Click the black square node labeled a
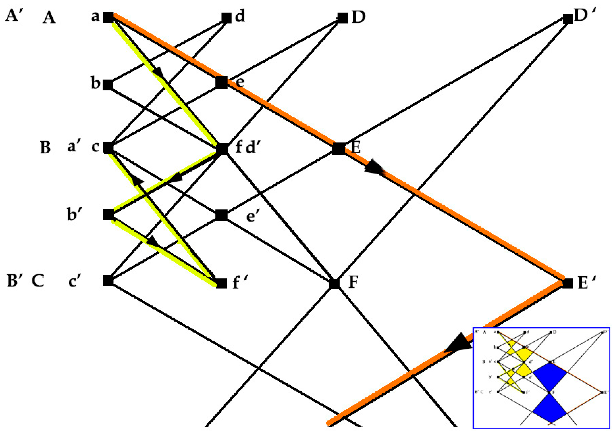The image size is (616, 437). tap(109, 18)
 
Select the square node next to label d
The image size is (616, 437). tap(226, 18)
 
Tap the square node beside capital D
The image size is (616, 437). tap(342, 18)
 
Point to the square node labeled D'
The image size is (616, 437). tap(568, 19)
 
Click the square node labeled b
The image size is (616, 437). tap(108, 85)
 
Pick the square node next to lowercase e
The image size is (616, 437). tap(222, 82)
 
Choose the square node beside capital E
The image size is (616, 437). tap(339, 148)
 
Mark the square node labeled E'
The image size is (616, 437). tap(568, 283)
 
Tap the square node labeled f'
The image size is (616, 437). tap(221, 283)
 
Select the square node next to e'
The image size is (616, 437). tap(222, 215)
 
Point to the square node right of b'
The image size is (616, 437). tap(108, 215)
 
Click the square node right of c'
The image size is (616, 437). tap(108, 281)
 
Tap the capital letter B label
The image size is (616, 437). tap(45, 148)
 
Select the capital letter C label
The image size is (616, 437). tap(38, 281)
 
